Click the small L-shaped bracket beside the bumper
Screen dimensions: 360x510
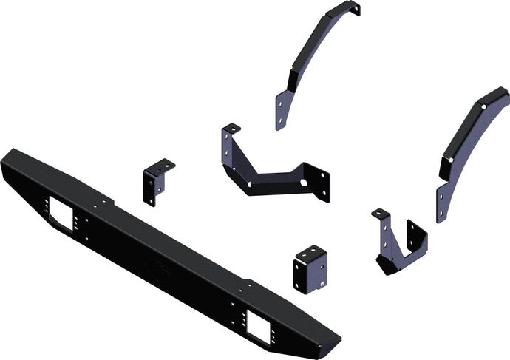(156, 182)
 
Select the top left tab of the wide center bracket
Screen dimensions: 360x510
(231, 129)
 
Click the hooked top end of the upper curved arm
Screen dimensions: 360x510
(353, 9)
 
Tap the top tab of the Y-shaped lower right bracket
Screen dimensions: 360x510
(381, 214)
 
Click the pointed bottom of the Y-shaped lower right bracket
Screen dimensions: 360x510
(387, 265)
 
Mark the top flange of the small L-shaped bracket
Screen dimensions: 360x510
(163, 165)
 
